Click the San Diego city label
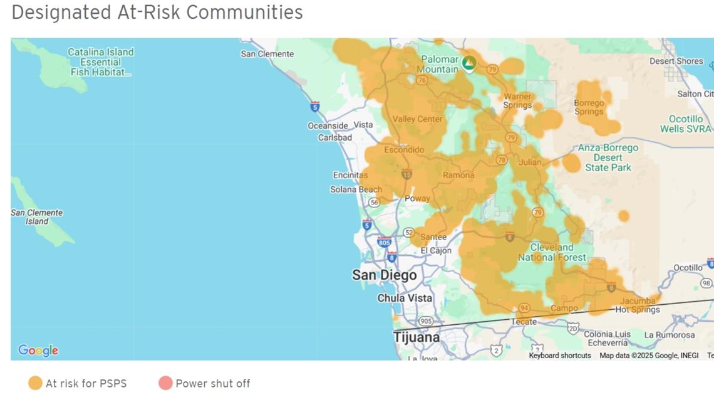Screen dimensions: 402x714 click(x=384, y=275)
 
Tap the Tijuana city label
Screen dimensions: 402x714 click(x=416, y=337)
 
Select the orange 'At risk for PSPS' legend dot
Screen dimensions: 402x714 click(x=35, y=383)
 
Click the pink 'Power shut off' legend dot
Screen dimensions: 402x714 click(x=165, y=383)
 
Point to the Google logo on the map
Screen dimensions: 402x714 click(x=38, y=351)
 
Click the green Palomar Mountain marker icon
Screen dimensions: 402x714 click(x=468, y=62)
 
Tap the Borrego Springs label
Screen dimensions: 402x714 click(x=589, y=107)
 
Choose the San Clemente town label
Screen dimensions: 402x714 click(x=267, y=54)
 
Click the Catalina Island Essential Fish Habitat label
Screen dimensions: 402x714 click(x=100, y=62)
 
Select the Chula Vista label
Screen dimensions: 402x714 click(x=405, y=298)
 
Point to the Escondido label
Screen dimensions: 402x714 click(x=404, y=150)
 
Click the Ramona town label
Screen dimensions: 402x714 click(x=458, y=176)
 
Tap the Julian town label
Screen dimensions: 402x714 click(x=530, y=162)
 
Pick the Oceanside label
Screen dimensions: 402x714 click(x=328, y=126)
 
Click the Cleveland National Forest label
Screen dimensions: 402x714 click(x=552, y=252)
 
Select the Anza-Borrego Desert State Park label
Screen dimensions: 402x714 click(x=608, y=157)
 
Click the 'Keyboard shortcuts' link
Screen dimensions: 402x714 click(x=559, y=356)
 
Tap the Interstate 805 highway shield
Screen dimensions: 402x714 click(x=384, y=242)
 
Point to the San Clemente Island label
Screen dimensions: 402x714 click(x=37, y=216)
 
